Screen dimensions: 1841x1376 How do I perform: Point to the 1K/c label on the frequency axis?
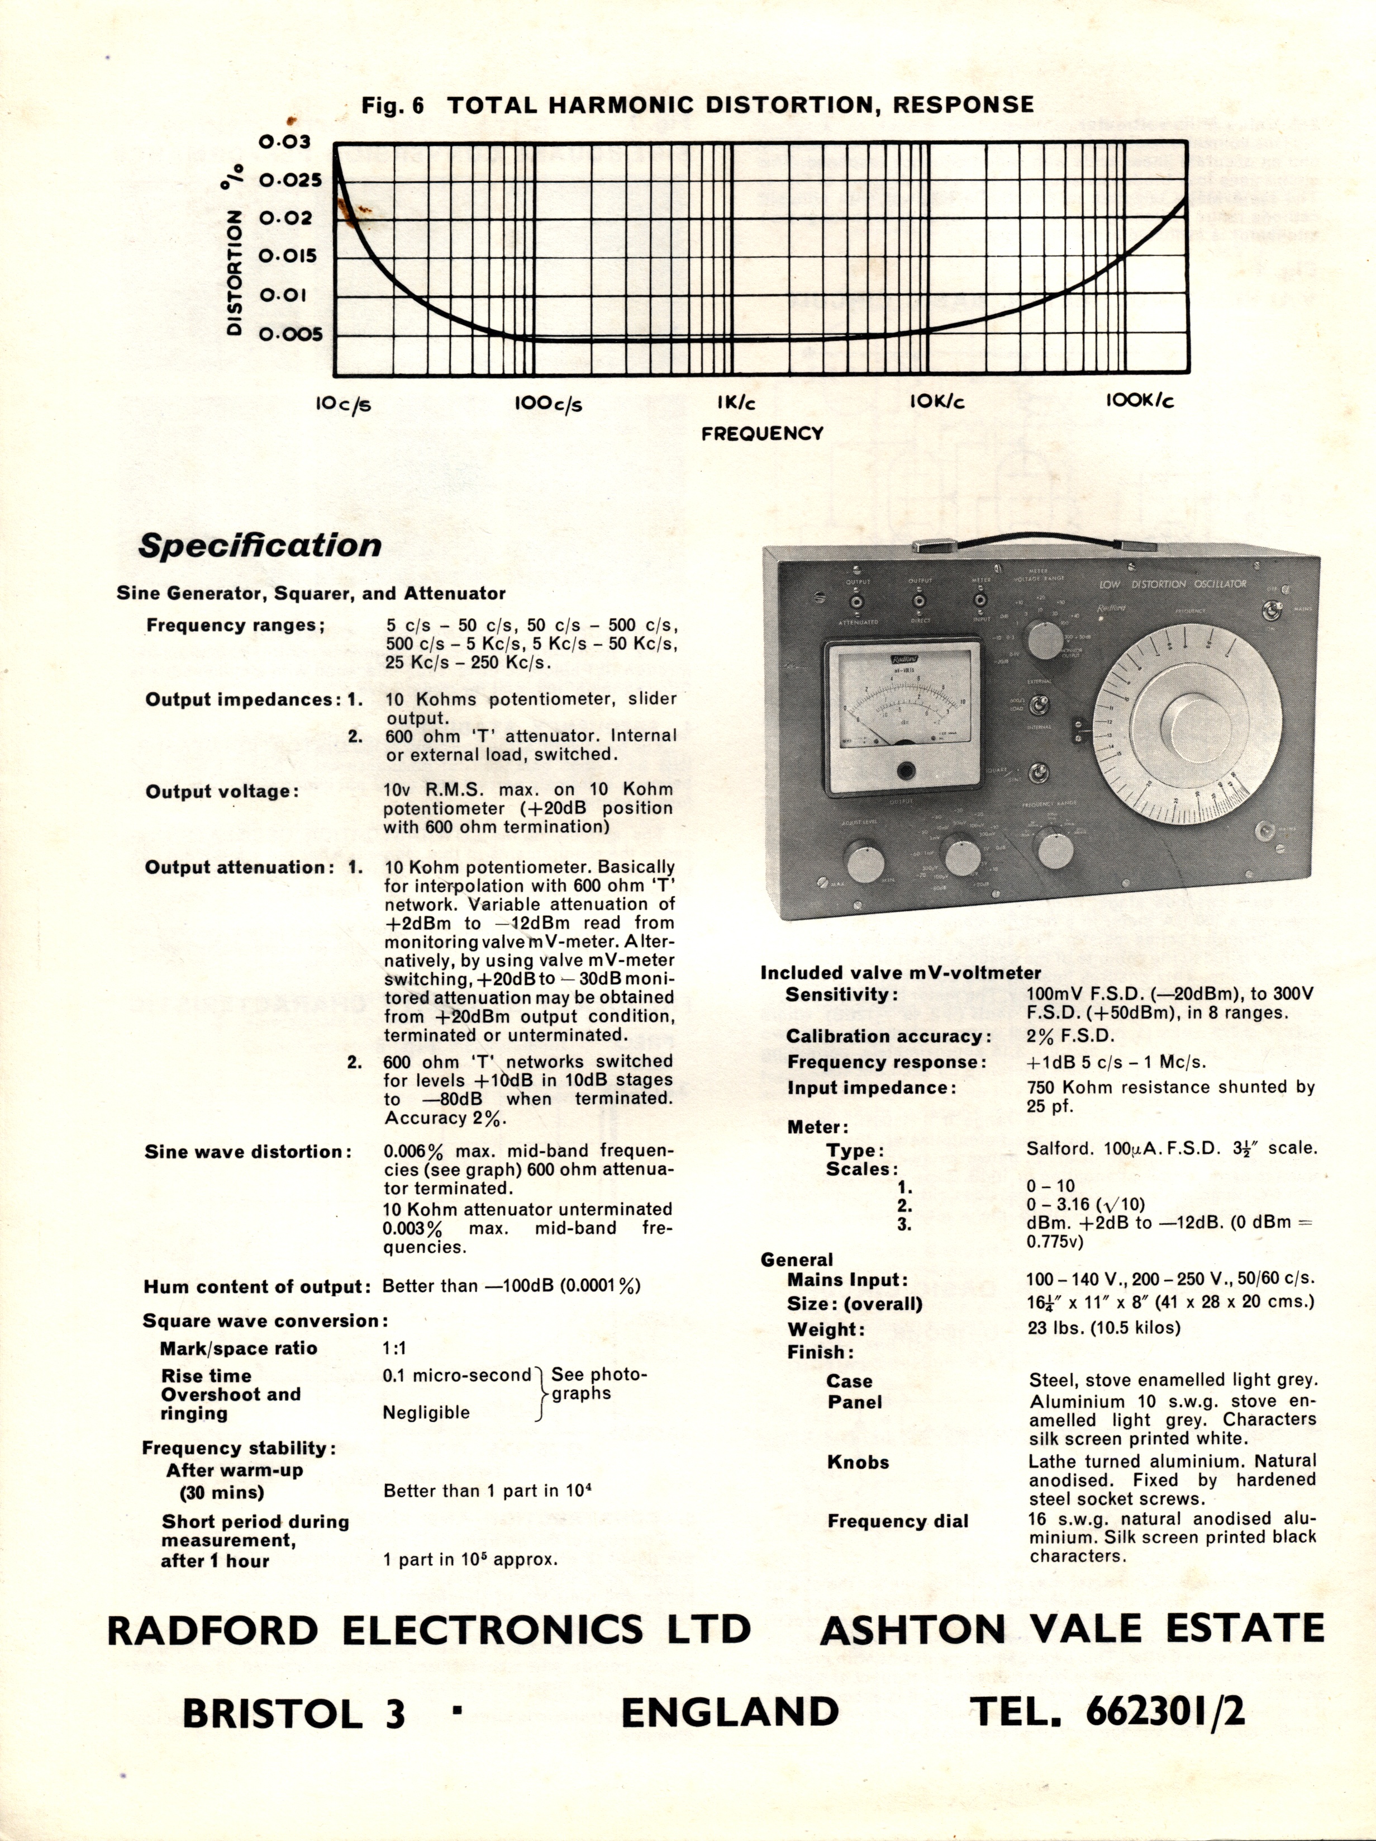736,403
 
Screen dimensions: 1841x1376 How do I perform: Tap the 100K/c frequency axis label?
1140,401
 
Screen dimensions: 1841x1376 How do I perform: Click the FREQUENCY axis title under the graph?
762,434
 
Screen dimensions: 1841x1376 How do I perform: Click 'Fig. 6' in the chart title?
393,106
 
